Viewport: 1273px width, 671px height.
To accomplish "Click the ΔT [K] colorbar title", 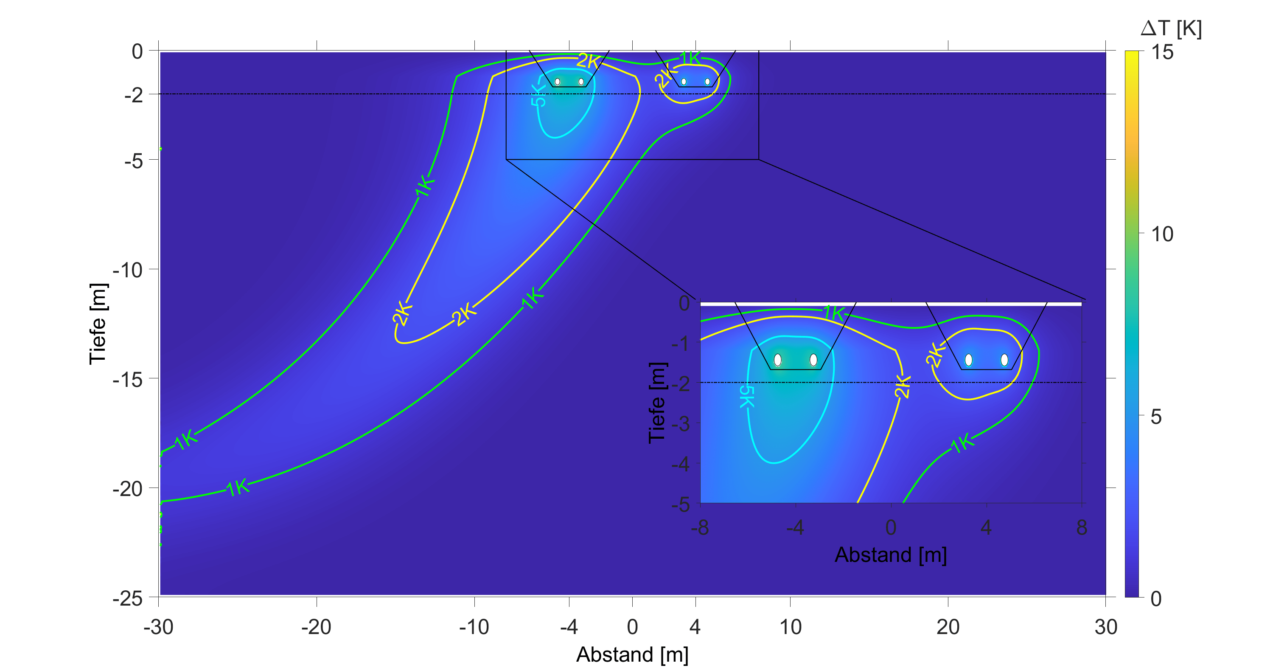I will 1171,29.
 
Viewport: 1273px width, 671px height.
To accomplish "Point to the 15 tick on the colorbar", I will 1162,52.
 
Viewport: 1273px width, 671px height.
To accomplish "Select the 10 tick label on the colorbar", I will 1162,234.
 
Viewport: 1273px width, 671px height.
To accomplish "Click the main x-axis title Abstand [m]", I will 632,654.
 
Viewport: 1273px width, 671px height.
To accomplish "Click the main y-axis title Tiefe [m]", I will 98,324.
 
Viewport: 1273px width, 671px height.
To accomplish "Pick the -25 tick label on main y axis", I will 127,598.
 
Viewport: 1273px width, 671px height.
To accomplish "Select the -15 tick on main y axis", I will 127,379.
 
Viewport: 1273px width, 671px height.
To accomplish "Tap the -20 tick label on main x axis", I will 316,627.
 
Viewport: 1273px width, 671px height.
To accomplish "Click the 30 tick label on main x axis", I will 1105,627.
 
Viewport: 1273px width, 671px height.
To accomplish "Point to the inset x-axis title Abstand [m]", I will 891,555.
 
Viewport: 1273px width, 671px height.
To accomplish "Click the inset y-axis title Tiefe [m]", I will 657,403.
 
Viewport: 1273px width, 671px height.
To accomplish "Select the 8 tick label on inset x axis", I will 1082,527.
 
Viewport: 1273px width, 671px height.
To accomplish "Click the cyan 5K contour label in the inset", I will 746,397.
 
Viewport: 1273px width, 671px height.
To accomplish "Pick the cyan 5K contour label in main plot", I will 538,95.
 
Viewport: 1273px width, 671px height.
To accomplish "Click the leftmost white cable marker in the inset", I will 777,359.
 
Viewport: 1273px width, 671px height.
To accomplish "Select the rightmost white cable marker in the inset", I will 1004,359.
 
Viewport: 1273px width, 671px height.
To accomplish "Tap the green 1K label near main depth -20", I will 238,488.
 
